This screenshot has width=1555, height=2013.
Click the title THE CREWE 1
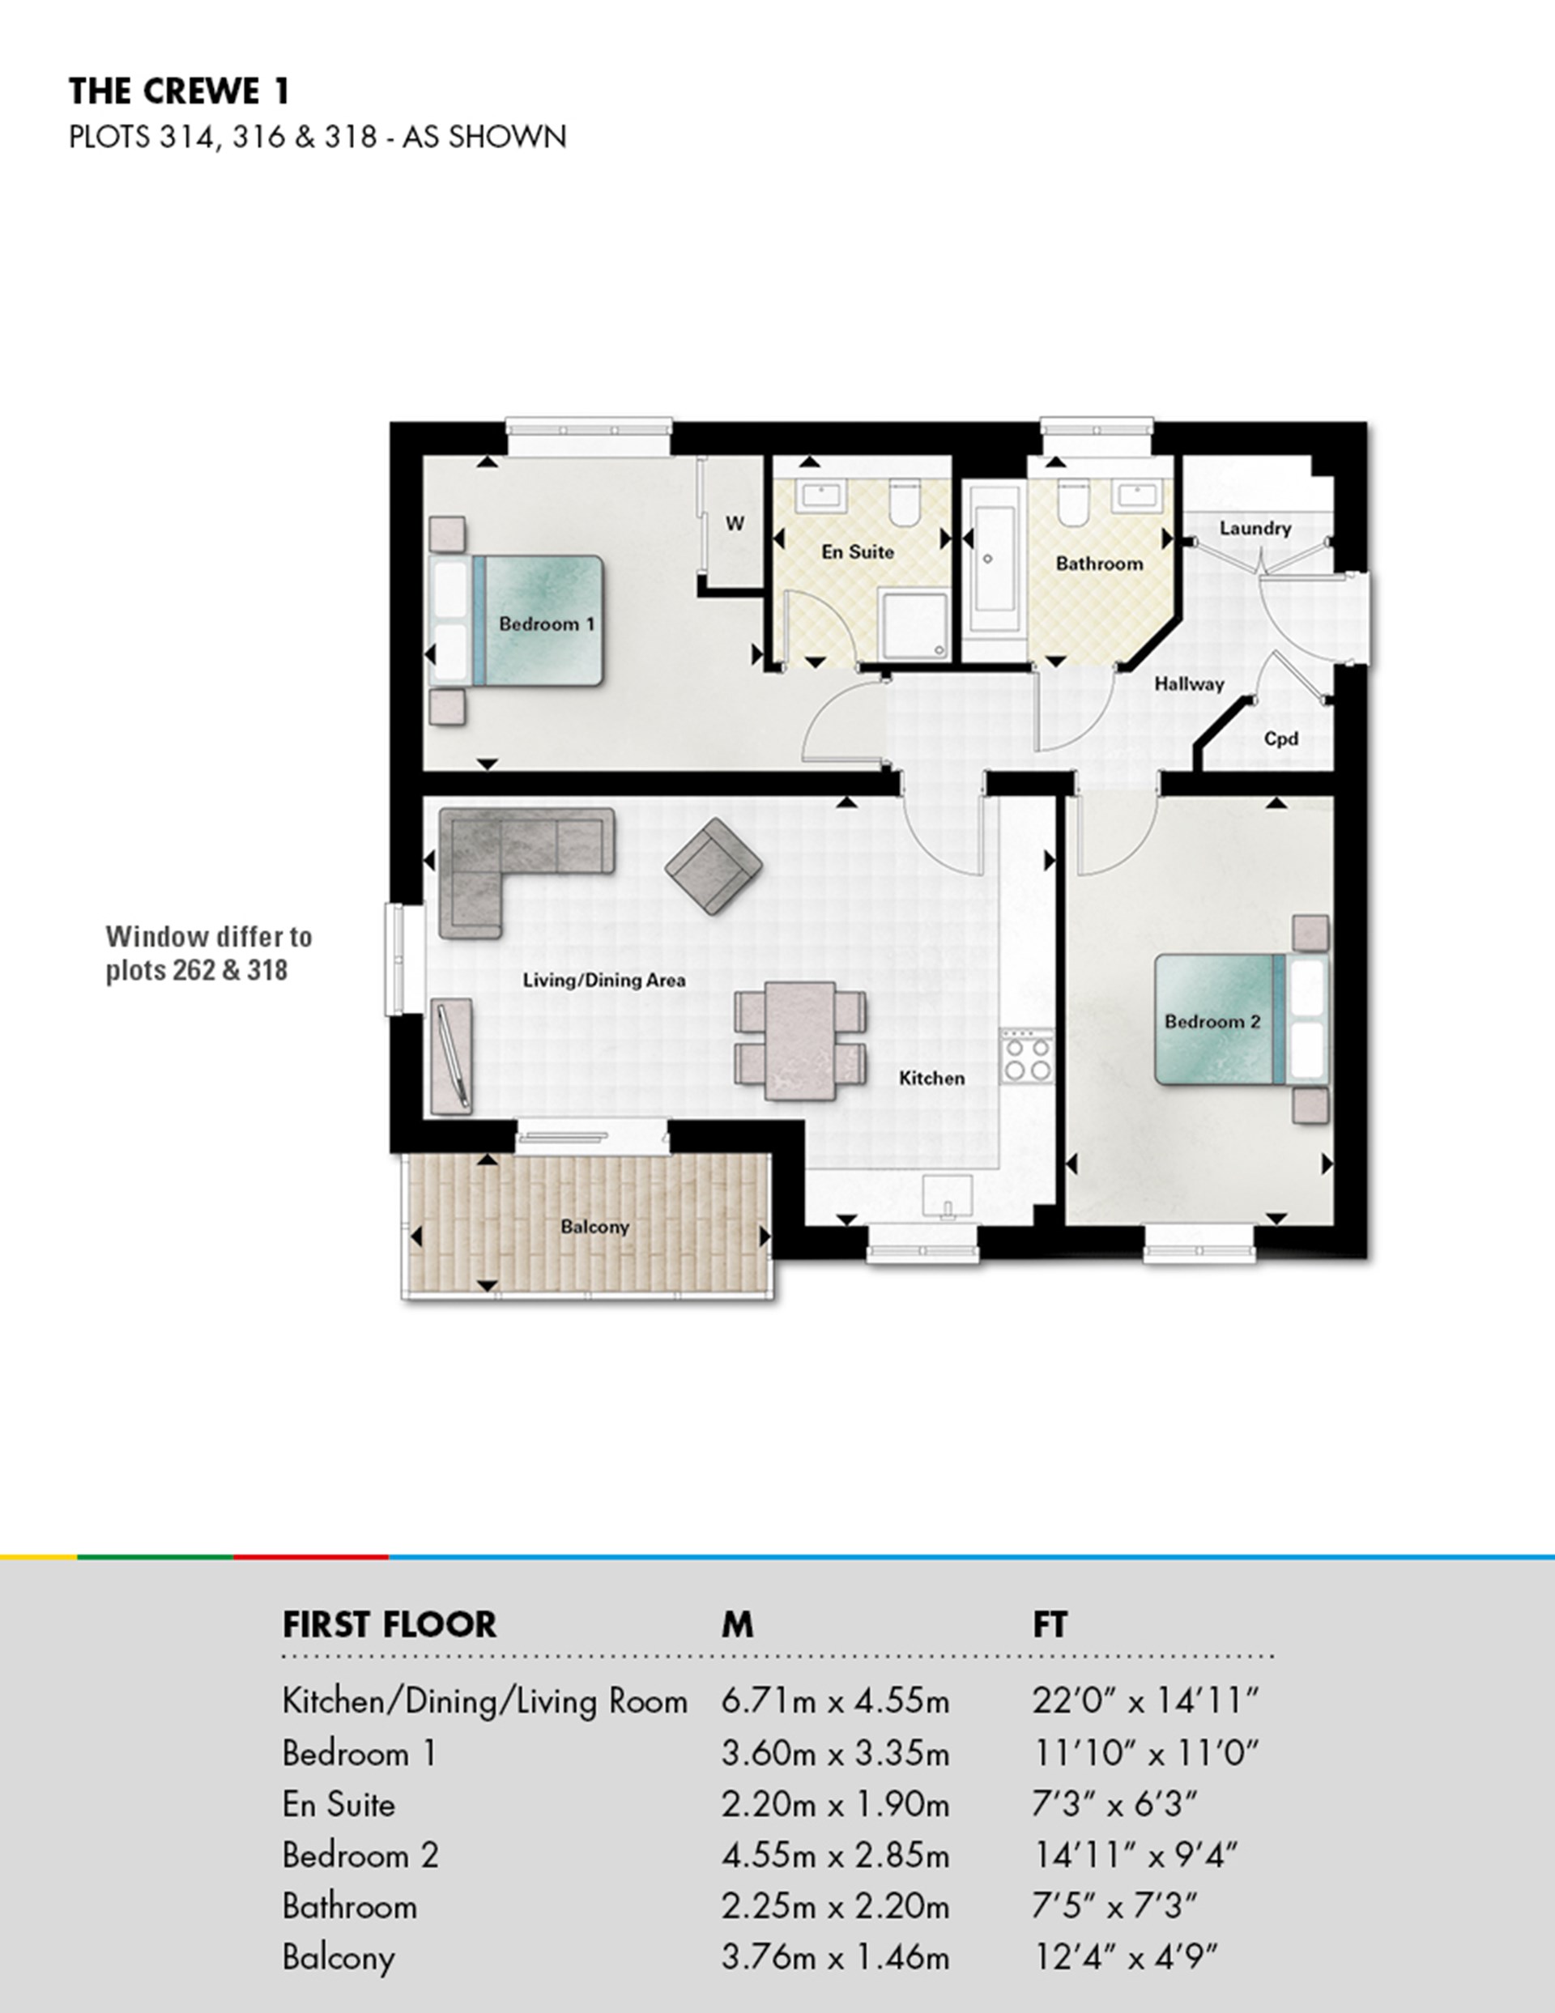[x=180, y=92]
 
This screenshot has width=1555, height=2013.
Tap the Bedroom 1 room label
[x=547, y=624]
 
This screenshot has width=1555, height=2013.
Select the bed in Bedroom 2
[x=1240, y=1019]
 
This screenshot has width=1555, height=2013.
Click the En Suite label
[x=857, y=552]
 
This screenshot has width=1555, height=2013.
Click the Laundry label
[x=1255, y=528]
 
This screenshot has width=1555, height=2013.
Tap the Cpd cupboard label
[x=1280, y=738]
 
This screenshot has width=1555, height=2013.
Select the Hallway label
[x=1189, y=684]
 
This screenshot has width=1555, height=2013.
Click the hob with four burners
[x=1028, y=1058]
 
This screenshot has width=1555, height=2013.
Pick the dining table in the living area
[x=800, y=1040]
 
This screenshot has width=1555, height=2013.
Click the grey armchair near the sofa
[x=714, y=866]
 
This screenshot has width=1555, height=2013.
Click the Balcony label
[x=594, y=1227]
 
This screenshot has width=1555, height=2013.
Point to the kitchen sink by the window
[x=948, y=1198]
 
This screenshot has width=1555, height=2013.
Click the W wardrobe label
[x=735, y=524]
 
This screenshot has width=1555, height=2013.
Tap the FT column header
[x=1049, y=1625]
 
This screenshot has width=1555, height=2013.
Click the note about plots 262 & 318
[x=208, y=953]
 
